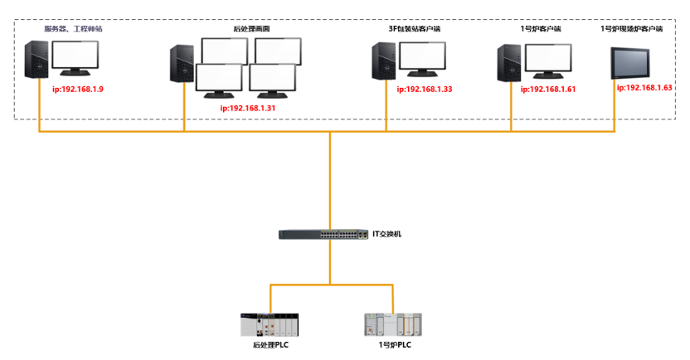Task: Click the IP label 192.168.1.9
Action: pyautogui.click(x=77, y=89)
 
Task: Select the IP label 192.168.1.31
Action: pyautogui.click(x=248, y=108)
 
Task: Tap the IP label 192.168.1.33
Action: pyautogui.click(x=424, y=89)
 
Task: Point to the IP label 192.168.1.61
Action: pyautogui.click(x=548, y=89)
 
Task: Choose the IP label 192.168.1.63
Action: pyautogui.click(x=644, y=87)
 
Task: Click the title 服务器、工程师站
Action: pyautogui.click(x=73, y=28)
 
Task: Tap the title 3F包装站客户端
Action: pyautogui.click(x=415, y=28)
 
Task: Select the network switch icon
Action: pyautogui.click(x=324, y=235)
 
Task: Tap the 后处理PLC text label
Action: pyautogui.click(x=270, y=344)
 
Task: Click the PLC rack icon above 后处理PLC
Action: pyautogui.click(x=270, y=324)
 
